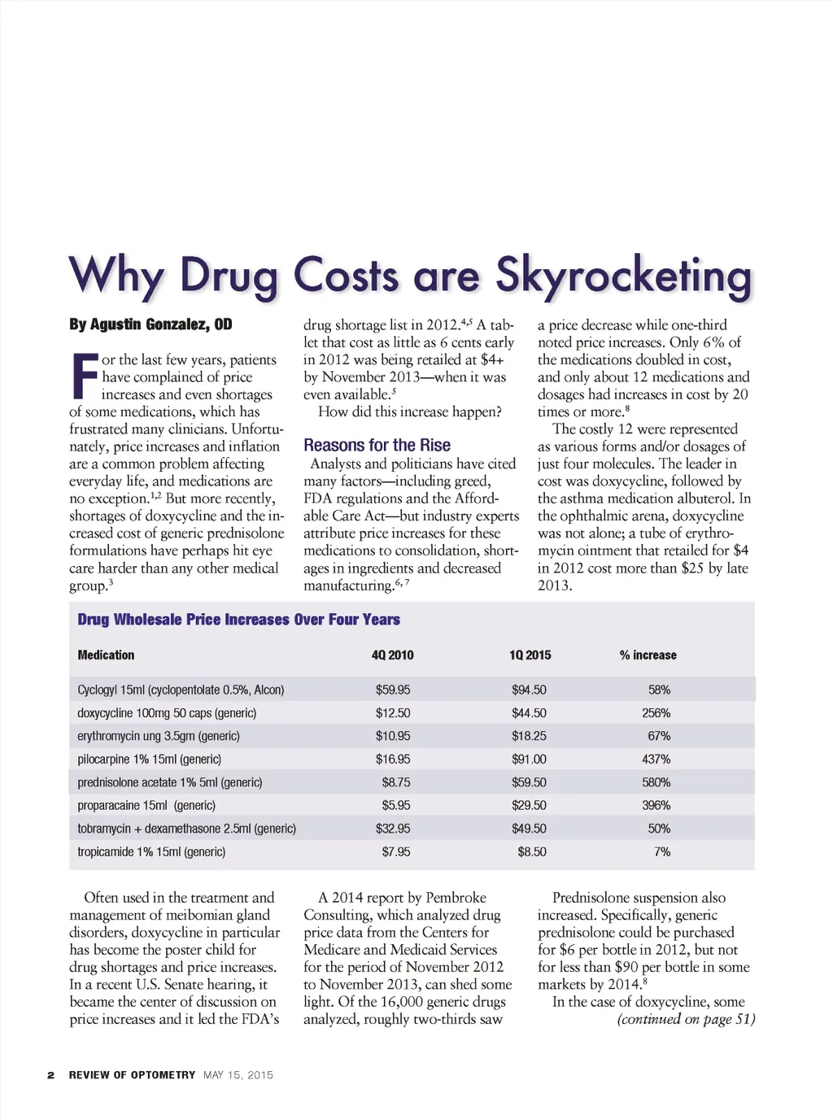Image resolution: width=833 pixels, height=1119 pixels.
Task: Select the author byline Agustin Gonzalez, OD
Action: tap(150, 324)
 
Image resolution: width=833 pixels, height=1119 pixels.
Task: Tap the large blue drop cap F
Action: tap(83, 377)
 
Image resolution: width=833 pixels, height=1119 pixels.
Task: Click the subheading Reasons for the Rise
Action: tap(377, 445)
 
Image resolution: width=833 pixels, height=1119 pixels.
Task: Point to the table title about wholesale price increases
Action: tap(238, 620)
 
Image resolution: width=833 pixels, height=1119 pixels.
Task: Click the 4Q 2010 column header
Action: tap(392, 655)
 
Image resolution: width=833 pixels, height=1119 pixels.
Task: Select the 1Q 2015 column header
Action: tap(530, 655)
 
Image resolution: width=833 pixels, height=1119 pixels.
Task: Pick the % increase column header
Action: tap(648, 655)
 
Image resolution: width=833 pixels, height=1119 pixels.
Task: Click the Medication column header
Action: tap(106, 655)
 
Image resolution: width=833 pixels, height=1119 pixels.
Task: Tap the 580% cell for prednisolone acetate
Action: tap(656, 782)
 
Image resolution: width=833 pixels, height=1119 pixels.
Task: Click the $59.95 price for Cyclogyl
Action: tap(393, 690)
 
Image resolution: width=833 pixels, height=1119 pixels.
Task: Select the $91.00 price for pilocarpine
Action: tap(529, 759)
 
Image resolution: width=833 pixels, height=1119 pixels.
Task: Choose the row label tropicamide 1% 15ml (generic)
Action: tap(151, 851)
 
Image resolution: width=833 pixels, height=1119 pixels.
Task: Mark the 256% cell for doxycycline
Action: tap(656, 712)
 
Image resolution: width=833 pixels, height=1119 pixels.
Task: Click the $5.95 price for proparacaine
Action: tap(396, 805)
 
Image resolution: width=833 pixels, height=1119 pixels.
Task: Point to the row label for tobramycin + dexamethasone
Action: tap(186, 829)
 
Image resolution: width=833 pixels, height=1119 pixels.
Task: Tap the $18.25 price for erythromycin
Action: tap(529, 736)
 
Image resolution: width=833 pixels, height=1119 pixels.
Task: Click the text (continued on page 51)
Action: tap(686, 1019)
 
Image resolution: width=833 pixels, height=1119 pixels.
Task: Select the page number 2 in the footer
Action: tap(50, 1075)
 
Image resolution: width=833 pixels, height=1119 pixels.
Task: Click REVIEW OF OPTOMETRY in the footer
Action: tap(132, 1075)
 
